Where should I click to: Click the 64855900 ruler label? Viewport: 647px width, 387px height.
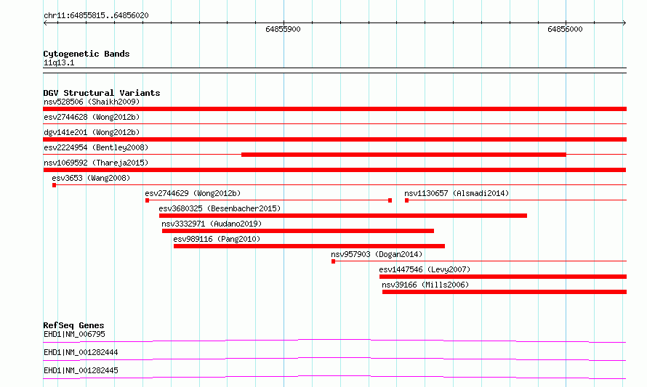pos(283,29)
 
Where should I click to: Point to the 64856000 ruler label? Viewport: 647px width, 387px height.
pos(565,29)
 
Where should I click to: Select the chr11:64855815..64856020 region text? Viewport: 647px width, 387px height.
pos(96,15)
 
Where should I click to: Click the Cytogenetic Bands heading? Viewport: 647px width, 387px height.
pos(87,54)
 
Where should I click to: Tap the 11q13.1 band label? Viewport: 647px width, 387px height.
pos(59,62)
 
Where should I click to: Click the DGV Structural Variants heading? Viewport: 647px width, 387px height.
pos(102,93)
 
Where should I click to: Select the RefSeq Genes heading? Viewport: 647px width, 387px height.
pos(73,325)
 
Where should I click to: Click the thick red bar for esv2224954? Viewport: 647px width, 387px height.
pos(403,155)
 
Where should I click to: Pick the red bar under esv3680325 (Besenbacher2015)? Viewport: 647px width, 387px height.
pos(343,216)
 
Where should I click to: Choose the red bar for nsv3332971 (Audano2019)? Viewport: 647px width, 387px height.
pos(298,231)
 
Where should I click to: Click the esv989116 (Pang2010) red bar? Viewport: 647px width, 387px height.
pos(309,246)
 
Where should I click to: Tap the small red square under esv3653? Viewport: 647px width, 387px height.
pos(54,185)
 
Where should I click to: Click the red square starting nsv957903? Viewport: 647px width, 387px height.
pos(334,261)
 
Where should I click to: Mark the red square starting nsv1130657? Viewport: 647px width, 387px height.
pos(407,200)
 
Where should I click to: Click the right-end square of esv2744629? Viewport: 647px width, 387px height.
pos(390,200)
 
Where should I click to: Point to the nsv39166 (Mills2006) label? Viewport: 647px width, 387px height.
pos(425,285)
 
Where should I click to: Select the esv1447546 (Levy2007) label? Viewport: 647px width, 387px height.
pos(425,269)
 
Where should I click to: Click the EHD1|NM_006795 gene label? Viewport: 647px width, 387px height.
pos(74,334)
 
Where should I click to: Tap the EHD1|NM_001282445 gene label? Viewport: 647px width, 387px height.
pos(81,370)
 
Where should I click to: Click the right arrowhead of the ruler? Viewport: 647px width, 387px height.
pos(624,23)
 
